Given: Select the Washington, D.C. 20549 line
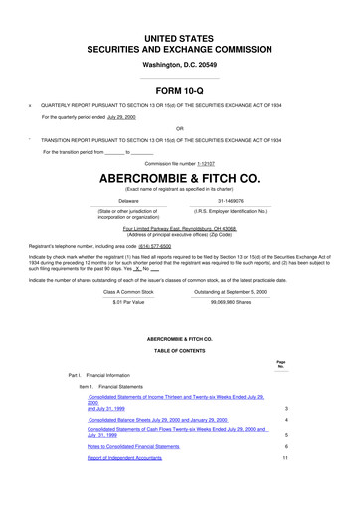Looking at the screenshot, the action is point(179,62).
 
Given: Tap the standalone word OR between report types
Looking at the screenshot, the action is point(179,128).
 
